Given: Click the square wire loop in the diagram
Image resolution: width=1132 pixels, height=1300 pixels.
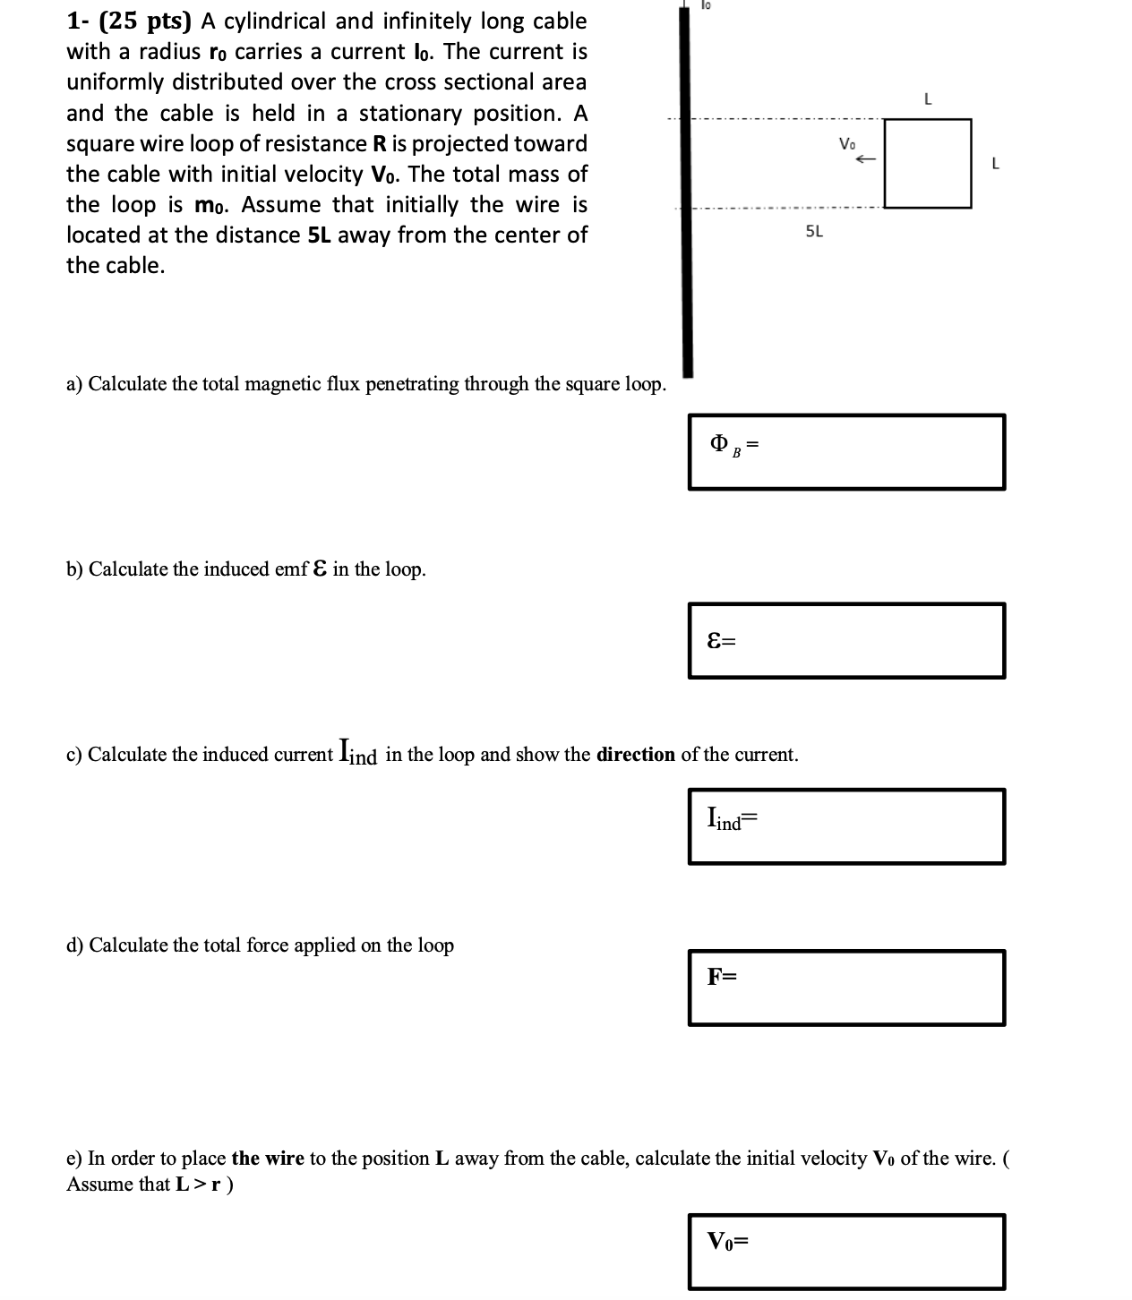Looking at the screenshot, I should point(927,163).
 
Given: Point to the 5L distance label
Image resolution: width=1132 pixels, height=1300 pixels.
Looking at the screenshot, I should point(814,232).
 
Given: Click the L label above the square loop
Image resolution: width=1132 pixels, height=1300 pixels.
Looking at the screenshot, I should point(928,100).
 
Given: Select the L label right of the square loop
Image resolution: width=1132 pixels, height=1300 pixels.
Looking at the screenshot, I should point(995,164).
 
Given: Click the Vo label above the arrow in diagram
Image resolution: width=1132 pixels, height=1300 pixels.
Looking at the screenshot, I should point(847,143).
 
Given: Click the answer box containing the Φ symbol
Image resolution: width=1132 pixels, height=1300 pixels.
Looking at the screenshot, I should point(846,452).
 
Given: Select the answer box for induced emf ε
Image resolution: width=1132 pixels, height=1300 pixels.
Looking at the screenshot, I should point(846,640).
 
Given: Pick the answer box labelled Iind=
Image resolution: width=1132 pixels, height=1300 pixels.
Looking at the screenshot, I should point(846,825).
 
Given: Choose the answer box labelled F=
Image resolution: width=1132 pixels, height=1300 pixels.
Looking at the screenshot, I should point(846,987).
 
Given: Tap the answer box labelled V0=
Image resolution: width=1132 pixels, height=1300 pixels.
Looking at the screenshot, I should point(846,1251).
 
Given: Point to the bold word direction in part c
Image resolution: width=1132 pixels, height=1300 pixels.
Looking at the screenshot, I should point(636,755).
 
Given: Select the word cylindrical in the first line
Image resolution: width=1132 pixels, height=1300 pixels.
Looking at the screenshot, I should point(277,21).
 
